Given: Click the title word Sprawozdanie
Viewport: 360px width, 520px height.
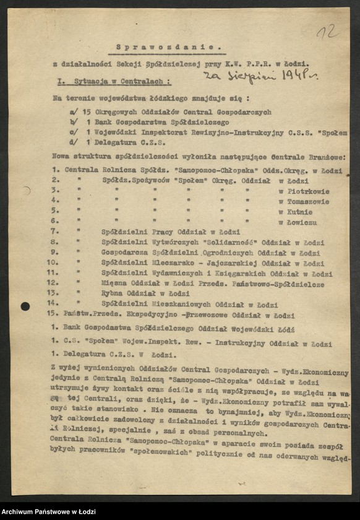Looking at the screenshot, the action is pyautogui.click(x=169, y=46).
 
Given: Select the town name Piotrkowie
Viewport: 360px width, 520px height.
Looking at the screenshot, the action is pyautogui.click(x=307, y=191).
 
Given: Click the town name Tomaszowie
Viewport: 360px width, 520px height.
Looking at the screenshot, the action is pyautogui.click(x=307, y=201).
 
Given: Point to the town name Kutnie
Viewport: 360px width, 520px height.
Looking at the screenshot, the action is pyautogui.click(x=299, y=211).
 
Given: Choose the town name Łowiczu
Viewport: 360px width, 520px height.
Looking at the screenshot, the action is pyautogui.click(x=301, y=221).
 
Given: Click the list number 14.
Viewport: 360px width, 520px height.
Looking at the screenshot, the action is pyautogui.click(x=56, y=304).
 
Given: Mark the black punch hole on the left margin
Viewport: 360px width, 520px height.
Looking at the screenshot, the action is pyautogui.click(x=25, y=306).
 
